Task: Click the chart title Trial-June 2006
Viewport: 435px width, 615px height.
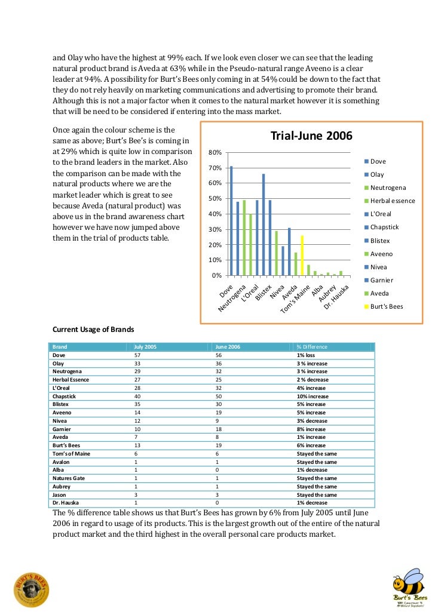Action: (x=311, y=136)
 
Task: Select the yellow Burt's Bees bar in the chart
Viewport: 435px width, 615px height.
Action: (x=302, y=256)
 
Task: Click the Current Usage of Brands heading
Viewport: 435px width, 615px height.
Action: (x=93, y=329)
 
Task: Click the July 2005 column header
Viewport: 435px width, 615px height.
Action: (x=145, y=347)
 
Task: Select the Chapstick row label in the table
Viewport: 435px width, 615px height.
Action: (x=66, y=396)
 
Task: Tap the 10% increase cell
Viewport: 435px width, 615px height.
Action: (x=313, y=396)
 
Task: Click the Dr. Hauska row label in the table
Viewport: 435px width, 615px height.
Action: (x=66, y=503)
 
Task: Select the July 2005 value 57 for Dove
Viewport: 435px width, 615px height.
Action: (x=137, y=355)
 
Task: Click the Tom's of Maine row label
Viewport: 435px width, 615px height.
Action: (x=71, y=453)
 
